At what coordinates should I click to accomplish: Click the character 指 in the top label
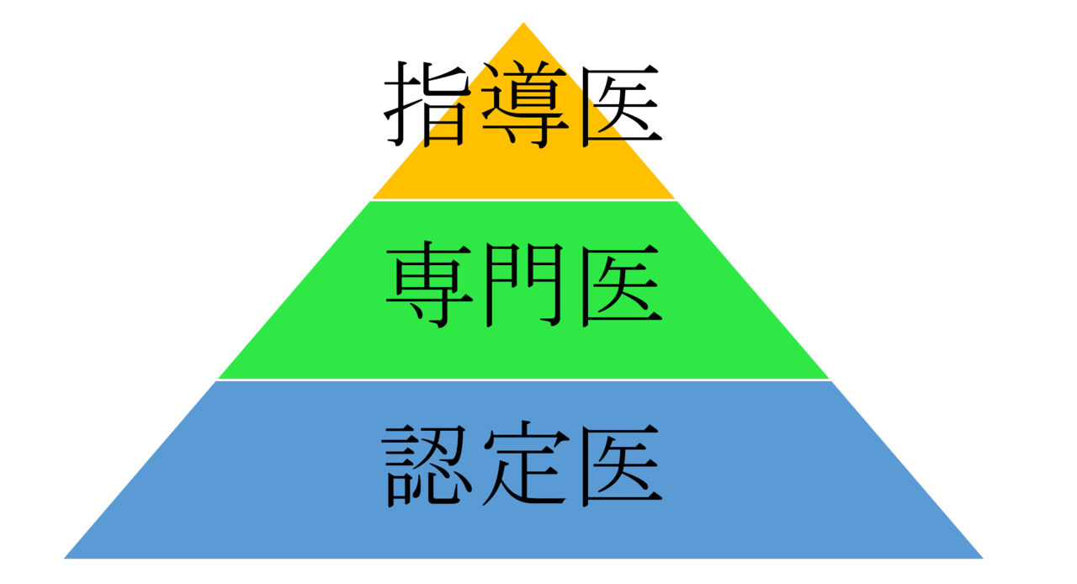(x=427, y=104)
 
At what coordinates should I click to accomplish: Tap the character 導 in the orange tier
(x=524, y=104)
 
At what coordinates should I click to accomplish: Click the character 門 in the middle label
(x=524, y=284)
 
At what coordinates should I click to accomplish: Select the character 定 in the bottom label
(x=525, y=464)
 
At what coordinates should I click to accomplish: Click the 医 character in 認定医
(x=621, y=465)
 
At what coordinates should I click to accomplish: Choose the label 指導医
(x=523, y=104)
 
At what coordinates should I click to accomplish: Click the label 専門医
(x=524, y=285)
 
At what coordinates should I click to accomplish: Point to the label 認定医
(x=523, y=465)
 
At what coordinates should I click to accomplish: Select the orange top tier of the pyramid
(x=523, y=168)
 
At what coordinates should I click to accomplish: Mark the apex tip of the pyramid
(x=523, y=22)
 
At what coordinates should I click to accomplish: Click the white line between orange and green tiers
(x=523, y=200)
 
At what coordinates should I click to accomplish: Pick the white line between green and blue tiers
(x=523, y=380)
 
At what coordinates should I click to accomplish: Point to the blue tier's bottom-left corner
(x=64, y=559)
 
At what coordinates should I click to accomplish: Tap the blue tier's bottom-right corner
(x=984, y=559)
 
